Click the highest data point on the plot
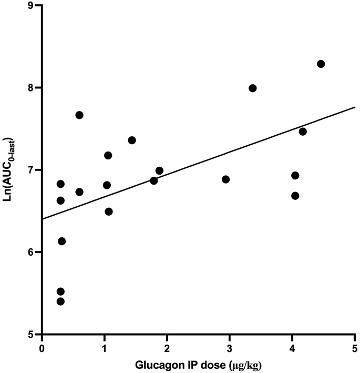coord(321,64)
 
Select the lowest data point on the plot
coord(60,301)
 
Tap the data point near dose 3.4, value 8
coord(252,88)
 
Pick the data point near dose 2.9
coord(226,179)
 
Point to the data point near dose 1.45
coord(132,140)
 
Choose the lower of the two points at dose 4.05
coord(295,196)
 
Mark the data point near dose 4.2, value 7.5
coord(302,132)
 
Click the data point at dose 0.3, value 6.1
coord(61,241)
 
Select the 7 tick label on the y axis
coord(31,170)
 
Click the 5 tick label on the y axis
coord(31,335)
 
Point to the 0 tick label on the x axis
coord(42,348)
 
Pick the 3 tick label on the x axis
coord(230,348)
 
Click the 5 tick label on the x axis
coord(355,348)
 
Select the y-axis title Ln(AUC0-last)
coord(10,169)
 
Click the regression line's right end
coord(355,107)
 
